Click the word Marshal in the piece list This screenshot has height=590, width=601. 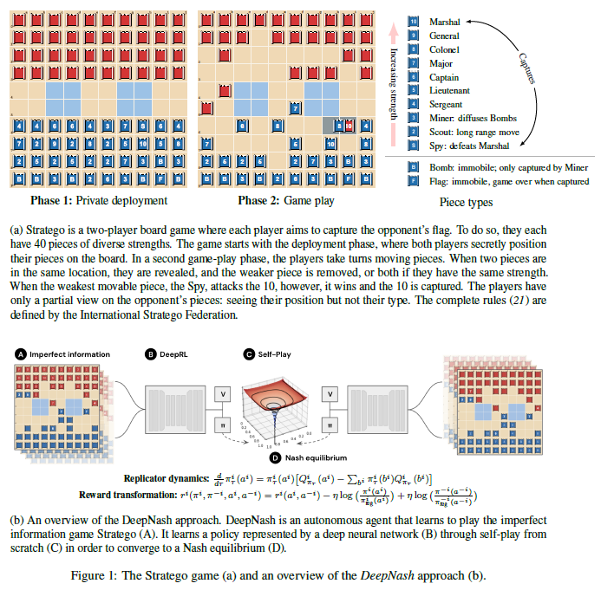click(444, 21)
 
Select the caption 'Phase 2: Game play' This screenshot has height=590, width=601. click(286, 201)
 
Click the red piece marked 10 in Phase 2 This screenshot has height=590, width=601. click(347, 126)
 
